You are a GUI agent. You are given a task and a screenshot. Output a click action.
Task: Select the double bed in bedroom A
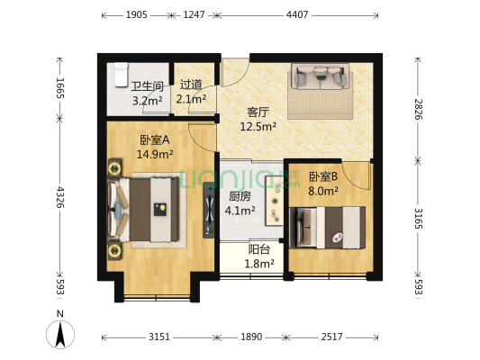click(x=144, y=209)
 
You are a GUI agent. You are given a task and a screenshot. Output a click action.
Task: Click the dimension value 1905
click(x=137, y=15)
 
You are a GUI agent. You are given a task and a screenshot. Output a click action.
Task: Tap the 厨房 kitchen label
click(x=240, y=196)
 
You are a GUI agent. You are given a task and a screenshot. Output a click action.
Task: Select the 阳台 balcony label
click(x=260, y=250)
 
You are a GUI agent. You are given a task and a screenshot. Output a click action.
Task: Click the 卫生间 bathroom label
click(x=147, y=86)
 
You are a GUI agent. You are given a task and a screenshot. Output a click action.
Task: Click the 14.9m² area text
click(x=155, y=154)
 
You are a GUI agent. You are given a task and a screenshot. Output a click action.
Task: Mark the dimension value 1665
click(x=59, y=90)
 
